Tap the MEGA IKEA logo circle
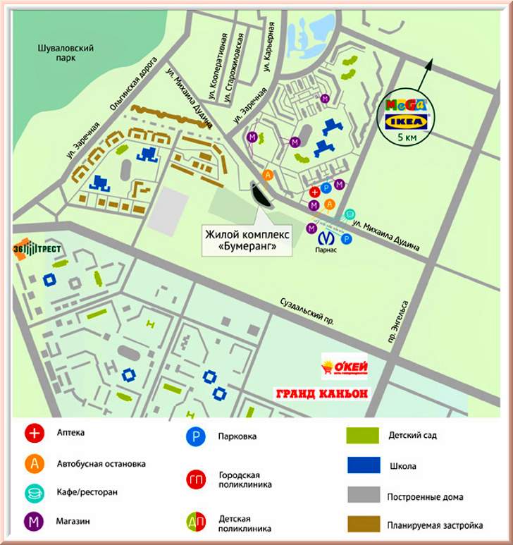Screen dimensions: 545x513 pyautogui.click(x=407, y=116)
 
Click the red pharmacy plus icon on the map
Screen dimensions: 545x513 pyautogui.click(x=315, y=192)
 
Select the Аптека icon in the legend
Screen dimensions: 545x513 pyautogui.click(x=33, y=432)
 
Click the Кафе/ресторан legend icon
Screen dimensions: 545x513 pyautogui.click(x=33, y=493)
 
